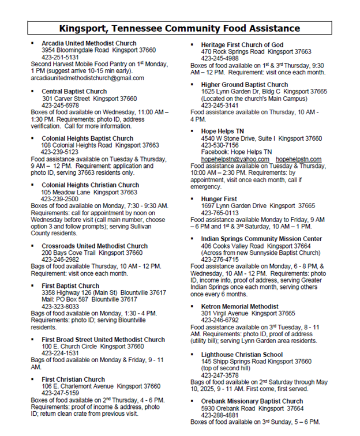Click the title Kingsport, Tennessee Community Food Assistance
coord(180,28)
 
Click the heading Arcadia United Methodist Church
coord(89,43)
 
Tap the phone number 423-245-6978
coord(60,106)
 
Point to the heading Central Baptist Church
coord(74,92)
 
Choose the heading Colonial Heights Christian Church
coord(90,185)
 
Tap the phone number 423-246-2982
coord(60,260)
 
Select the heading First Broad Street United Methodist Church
coord(103,340)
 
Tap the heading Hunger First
coord(219,198)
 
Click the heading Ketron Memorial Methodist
coord(239,306)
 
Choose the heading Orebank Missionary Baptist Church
coord(252,401)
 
